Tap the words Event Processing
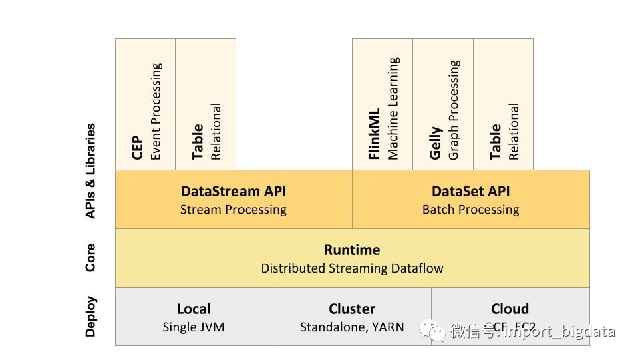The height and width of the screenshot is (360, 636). [156, 112]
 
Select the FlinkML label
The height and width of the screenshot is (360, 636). [375, 134]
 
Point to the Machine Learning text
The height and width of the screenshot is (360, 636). [393, 108]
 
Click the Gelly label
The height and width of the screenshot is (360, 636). [436, 143]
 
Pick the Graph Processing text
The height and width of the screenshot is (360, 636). [454, 110]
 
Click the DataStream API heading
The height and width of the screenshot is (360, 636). [233, 191]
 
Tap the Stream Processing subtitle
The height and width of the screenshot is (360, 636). [233, 210]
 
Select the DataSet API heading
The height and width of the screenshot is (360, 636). [470, 191]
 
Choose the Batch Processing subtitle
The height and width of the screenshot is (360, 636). [470, 210]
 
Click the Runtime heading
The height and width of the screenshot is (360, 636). [352, 250]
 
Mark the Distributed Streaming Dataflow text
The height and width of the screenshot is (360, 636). [352, 268]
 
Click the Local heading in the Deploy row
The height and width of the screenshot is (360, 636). [194, 309]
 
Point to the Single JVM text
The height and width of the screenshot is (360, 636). [194, 327]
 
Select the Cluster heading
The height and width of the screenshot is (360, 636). [352, 309]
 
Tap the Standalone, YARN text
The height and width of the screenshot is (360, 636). [352, 327]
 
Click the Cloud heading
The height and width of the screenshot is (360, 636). [510, 309]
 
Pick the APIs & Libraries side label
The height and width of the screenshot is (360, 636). [90, 171]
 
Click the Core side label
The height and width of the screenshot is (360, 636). [90, 258]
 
